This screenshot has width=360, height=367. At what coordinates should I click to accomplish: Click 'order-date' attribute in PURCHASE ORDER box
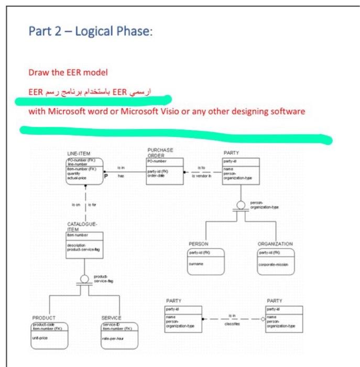click(x=157, y=176)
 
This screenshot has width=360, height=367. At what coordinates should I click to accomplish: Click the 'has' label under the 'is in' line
click(x=121, y=176)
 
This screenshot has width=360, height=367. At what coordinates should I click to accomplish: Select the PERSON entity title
click(x=199, y=244)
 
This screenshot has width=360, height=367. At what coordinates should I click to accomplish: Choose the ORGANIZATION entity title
click(x=275, y=244)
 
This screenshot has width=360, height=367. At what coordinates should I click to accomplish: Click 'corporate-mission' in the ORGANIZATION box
click(x=274, y=265)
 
